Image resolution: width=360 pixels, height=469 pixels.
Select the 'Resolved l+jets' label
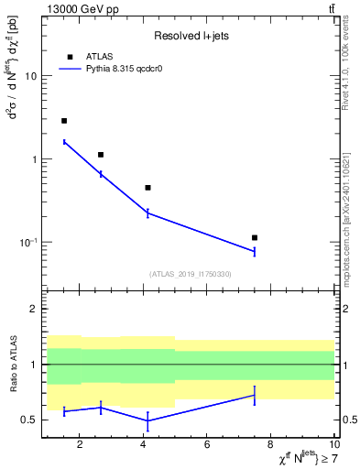click(x=191, y=36)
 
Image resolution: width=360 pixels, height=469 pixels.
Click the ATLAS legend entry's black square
click(x=70, y=57)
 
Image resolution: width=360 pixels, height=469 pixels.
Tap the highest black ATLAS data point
click(x=64, y=121)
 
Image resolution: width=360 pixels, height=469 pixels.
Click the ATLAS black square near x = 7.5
click(x=255, y=237)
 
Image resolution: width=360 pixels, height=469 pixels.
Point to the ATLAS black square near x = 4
click(x=147, y=188)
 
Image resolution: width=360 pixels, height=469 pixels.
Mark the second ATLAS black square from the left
click(x=101, y=155)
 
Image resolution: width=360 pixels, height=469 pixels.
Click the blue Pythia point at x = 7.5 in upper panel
click(x=255, y=251)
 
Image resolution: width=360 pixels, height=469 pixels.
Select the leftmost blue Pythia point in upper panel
click(x=64, y=142)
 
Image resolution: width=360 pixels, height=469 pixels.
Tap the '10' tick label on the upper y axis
click(x=30, y=76)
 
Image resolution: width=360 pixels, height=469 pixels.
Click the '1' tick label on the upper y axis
click(x=34, y=159)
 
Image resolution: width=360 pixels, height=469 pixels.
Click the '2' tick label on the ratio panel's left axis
click(x=34, y=310)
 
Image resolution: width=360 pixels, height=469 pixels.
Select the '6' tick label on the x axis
click(x=207, y=444)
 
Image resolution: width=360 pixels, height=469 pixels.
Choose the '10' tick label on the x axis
click(x=333, y=444)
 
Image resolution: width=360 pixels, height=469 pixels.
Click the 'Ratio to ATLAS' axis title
click(x=12, y=364)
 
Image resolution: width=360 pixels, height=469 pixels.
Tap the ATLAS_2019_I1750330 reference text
click(x=191, y=274)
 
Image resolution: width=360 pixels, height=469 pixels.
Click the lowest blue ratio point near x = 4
click(x=147, y=420)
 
